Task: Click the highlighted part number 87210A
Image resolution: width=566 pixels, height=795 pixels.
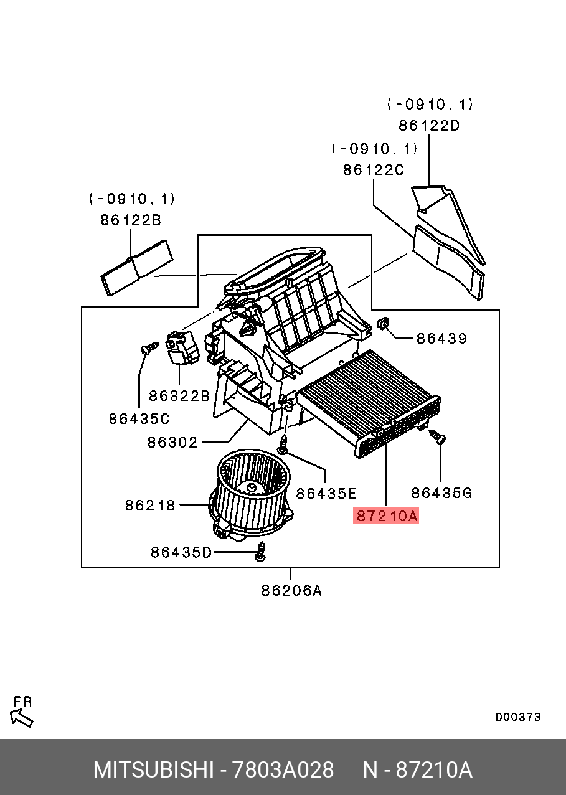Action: (386, 515)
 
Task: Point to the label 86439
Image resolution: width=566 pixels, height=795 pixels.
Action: (441, 339)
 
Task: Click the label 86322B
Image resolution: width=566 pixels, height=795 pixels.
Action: (179, 395)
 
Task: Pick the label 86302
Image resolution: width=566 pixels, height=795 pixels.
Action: (172, 443)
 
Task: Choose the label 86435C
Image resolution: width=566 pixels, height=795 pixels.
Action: (139, 419)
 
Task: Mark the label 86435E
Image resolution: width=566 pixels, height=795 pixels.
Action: (326, 494)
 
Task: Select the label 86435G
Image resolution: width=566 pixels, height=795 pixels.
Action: (441, 493)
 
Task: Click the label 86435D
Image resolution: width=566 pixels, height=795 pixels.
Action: (181, 552)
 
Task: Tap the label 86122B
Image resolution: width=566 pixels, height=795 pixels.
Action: (131, 220)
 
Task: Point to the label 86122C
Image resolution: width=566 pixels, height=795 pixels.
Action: (374, 169)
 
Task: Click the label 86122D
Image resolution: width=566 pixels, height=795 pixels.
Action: (429, 125)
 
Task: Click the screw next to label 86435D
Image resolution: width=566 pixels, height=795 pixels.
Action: (262, 551)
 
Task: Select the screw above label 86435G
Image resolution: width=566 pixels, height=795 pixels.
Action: (438, 438)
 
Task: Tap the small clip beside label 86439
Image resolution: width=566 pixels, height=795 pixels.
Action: (384, 324)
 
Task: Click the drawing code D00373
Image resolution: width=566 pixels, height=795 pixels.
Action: (517, 717)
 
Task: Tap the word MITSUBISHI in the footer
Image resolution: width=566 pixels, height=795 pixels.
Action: (153, 770)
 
